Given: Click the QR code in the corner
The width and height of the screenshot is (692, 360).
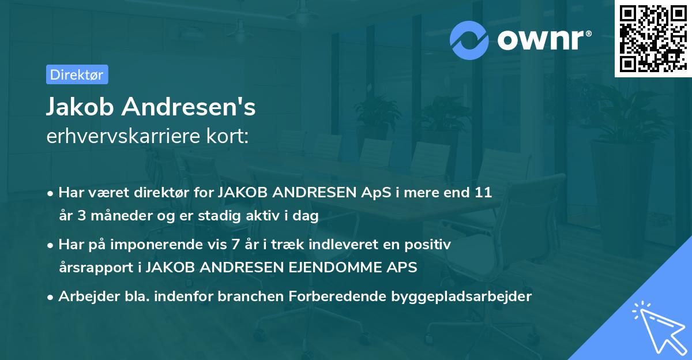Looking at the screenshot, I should (653, 39).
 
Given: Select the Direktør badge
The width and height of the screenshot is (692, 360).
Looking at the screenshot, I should (77, 74).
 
